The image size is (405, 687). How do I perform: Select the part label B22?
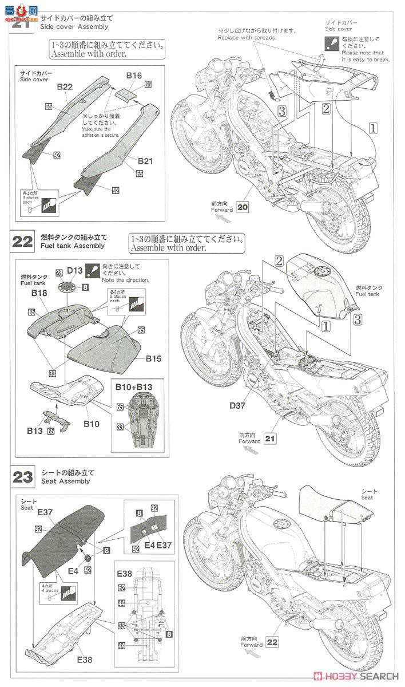coord(64,86)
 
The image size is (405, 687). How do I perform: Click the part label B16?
coord(133,75)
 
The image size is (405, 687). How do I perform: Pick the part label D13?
coord(75,270)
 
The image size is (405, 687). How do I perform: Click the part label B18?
coord(39,293)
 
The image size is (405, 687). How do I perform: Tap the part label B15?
coord(153,359)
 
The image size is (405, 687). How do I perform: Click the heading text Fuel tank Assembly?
coord(73,246)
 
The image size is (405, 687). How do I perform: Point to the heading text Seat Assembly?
coord(65,481)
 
